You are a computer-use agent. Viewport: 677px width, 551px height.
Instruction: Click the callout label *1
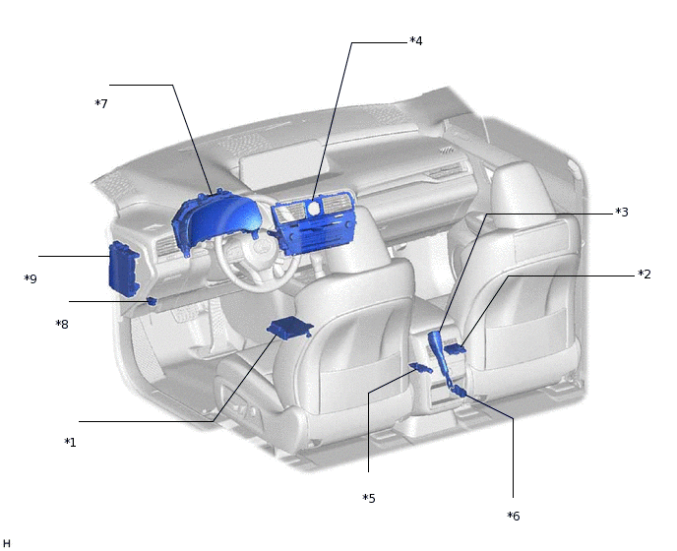[x=71, y=442]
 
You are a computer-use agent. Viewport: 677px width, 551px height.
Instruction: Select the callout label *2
[x=645, y=274]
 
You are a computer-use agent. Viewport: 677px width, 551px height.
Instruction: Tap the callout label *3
[x=622, y=212]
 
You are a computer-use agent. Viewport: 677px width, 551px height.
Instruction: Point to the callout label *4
[x=416, y=40]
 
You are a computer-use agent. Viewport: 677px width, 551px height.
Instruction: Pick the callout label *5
[x=369, y=498]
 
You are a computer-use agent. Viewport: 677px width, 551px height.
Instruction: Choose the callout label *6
[x=514, y=516]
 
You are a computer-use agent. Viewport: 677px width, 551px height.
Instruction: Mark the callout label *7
[x=101, y=103]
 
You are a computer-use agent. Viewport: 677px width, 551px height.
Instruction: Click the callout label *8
[x=62, y=324]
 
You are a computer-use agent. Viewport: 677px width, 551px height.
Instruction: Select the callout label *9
[x=31, y=278]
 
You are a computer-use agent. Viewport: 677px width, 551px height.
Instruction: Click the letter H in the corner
[x=7, y=543]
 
